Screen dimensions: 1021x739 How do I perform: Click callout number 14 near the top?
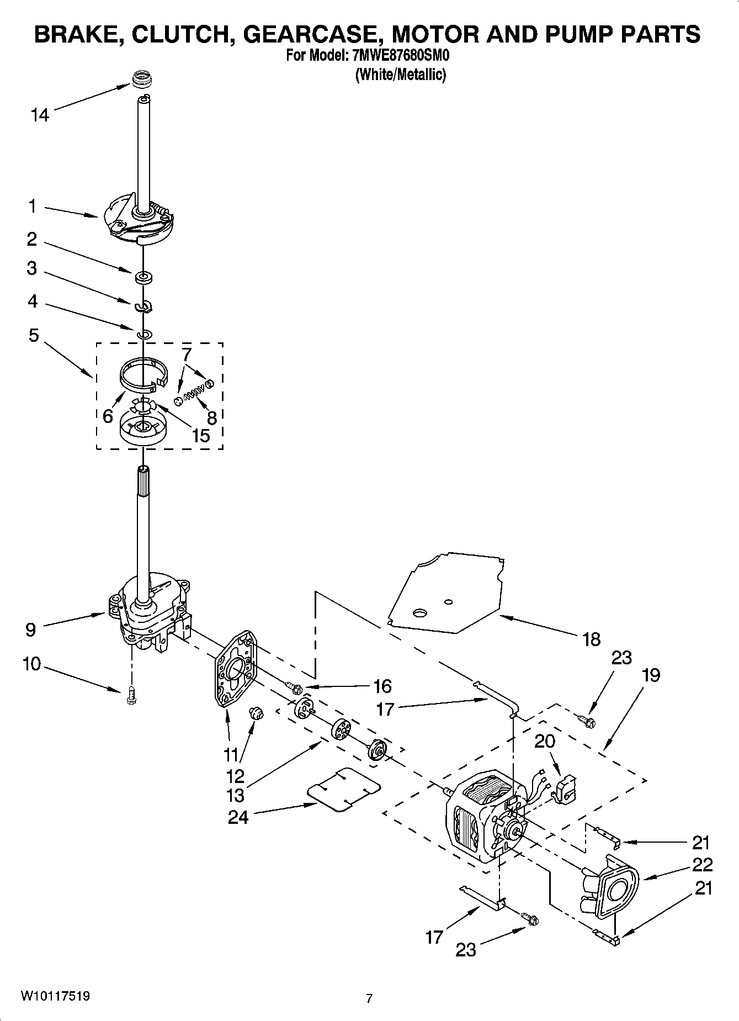pyautogui.click(x=39, y=115)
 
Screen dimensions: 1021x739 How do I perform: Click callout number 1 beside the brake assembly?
pyautogui.click(x=33, y=207)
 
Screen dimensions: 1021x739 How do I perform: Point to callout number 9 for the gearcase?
pyautogui.click(x=31, y=629)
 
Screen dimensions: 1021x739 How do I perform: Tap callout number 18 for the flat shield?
pyautogui.click(x=591, y=639)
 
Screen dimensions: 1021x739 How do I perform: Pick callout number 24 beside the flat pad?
pyautogui.click(x=238, y=817)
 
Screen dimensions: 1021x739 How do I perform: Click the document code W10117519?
pyautogui.click(x=55, y=996)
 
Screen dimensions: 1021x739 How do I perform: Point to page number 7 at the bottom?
pyautogui.click(x=369, y=998)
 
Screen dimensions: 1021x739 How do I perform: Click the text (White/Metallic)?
pyautogui.click(x=400, y=75)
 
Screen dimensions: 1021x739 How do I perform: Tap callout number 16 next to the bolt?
pyautogui.click(x=382, y=686)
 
